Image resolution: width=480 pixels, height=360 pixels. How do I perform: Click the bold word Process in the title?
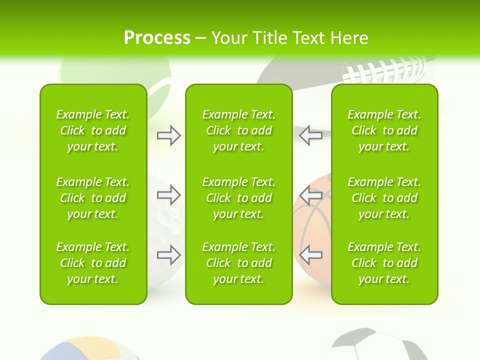click(x=157, y=38)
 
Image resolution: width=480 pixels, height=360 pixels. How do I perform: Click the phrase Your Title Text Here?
click(x=290, y=38)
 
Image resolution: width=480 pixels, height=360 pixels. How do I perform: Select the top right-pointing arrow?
click(x=169, y=135)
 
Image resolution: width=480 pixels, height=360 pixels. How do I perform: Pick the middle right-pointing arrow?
click(x=169, y=194)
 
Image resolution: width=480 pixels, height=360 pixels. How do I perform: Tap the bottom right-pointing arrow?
click(x=169, y=255)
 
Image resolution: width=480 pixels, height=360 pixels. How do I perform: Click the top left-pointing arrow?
click(x=310, y=135)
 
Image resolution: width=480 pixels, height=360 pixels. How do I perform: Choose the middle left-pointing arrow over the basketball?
click(x=310, y=194)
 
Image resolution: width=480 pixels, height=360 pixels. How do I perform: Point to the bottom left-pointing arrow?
click(x=310, y=255)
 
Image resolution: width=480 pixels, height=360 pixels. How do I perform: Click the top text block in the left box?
click(x=93, y=130)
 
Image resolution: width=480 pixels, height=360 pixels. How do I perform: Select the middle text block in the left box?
click(x=93, y=198)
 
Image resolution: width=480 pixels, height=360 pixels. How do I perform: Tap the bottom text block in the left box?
click(x=93, y=263)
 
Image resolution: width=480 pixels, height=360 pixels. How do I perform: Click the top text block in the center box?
click(x=238, y=130)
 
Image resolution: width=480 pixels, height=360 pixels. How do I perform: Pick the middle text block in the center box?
click(x=238, y=198)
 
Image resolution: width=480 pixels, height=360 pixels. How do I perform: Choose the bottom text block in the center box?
click(x=238, y=263)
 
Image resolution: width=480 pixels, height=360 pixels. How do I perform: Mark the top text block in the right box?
click(x=384, y=130)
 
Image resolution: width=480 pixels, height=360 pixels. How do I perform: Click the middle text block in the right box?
click(x=384, y=198)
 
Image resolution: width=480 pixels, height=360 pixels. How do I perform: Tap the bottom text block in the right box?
click(x=384, y=263)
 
